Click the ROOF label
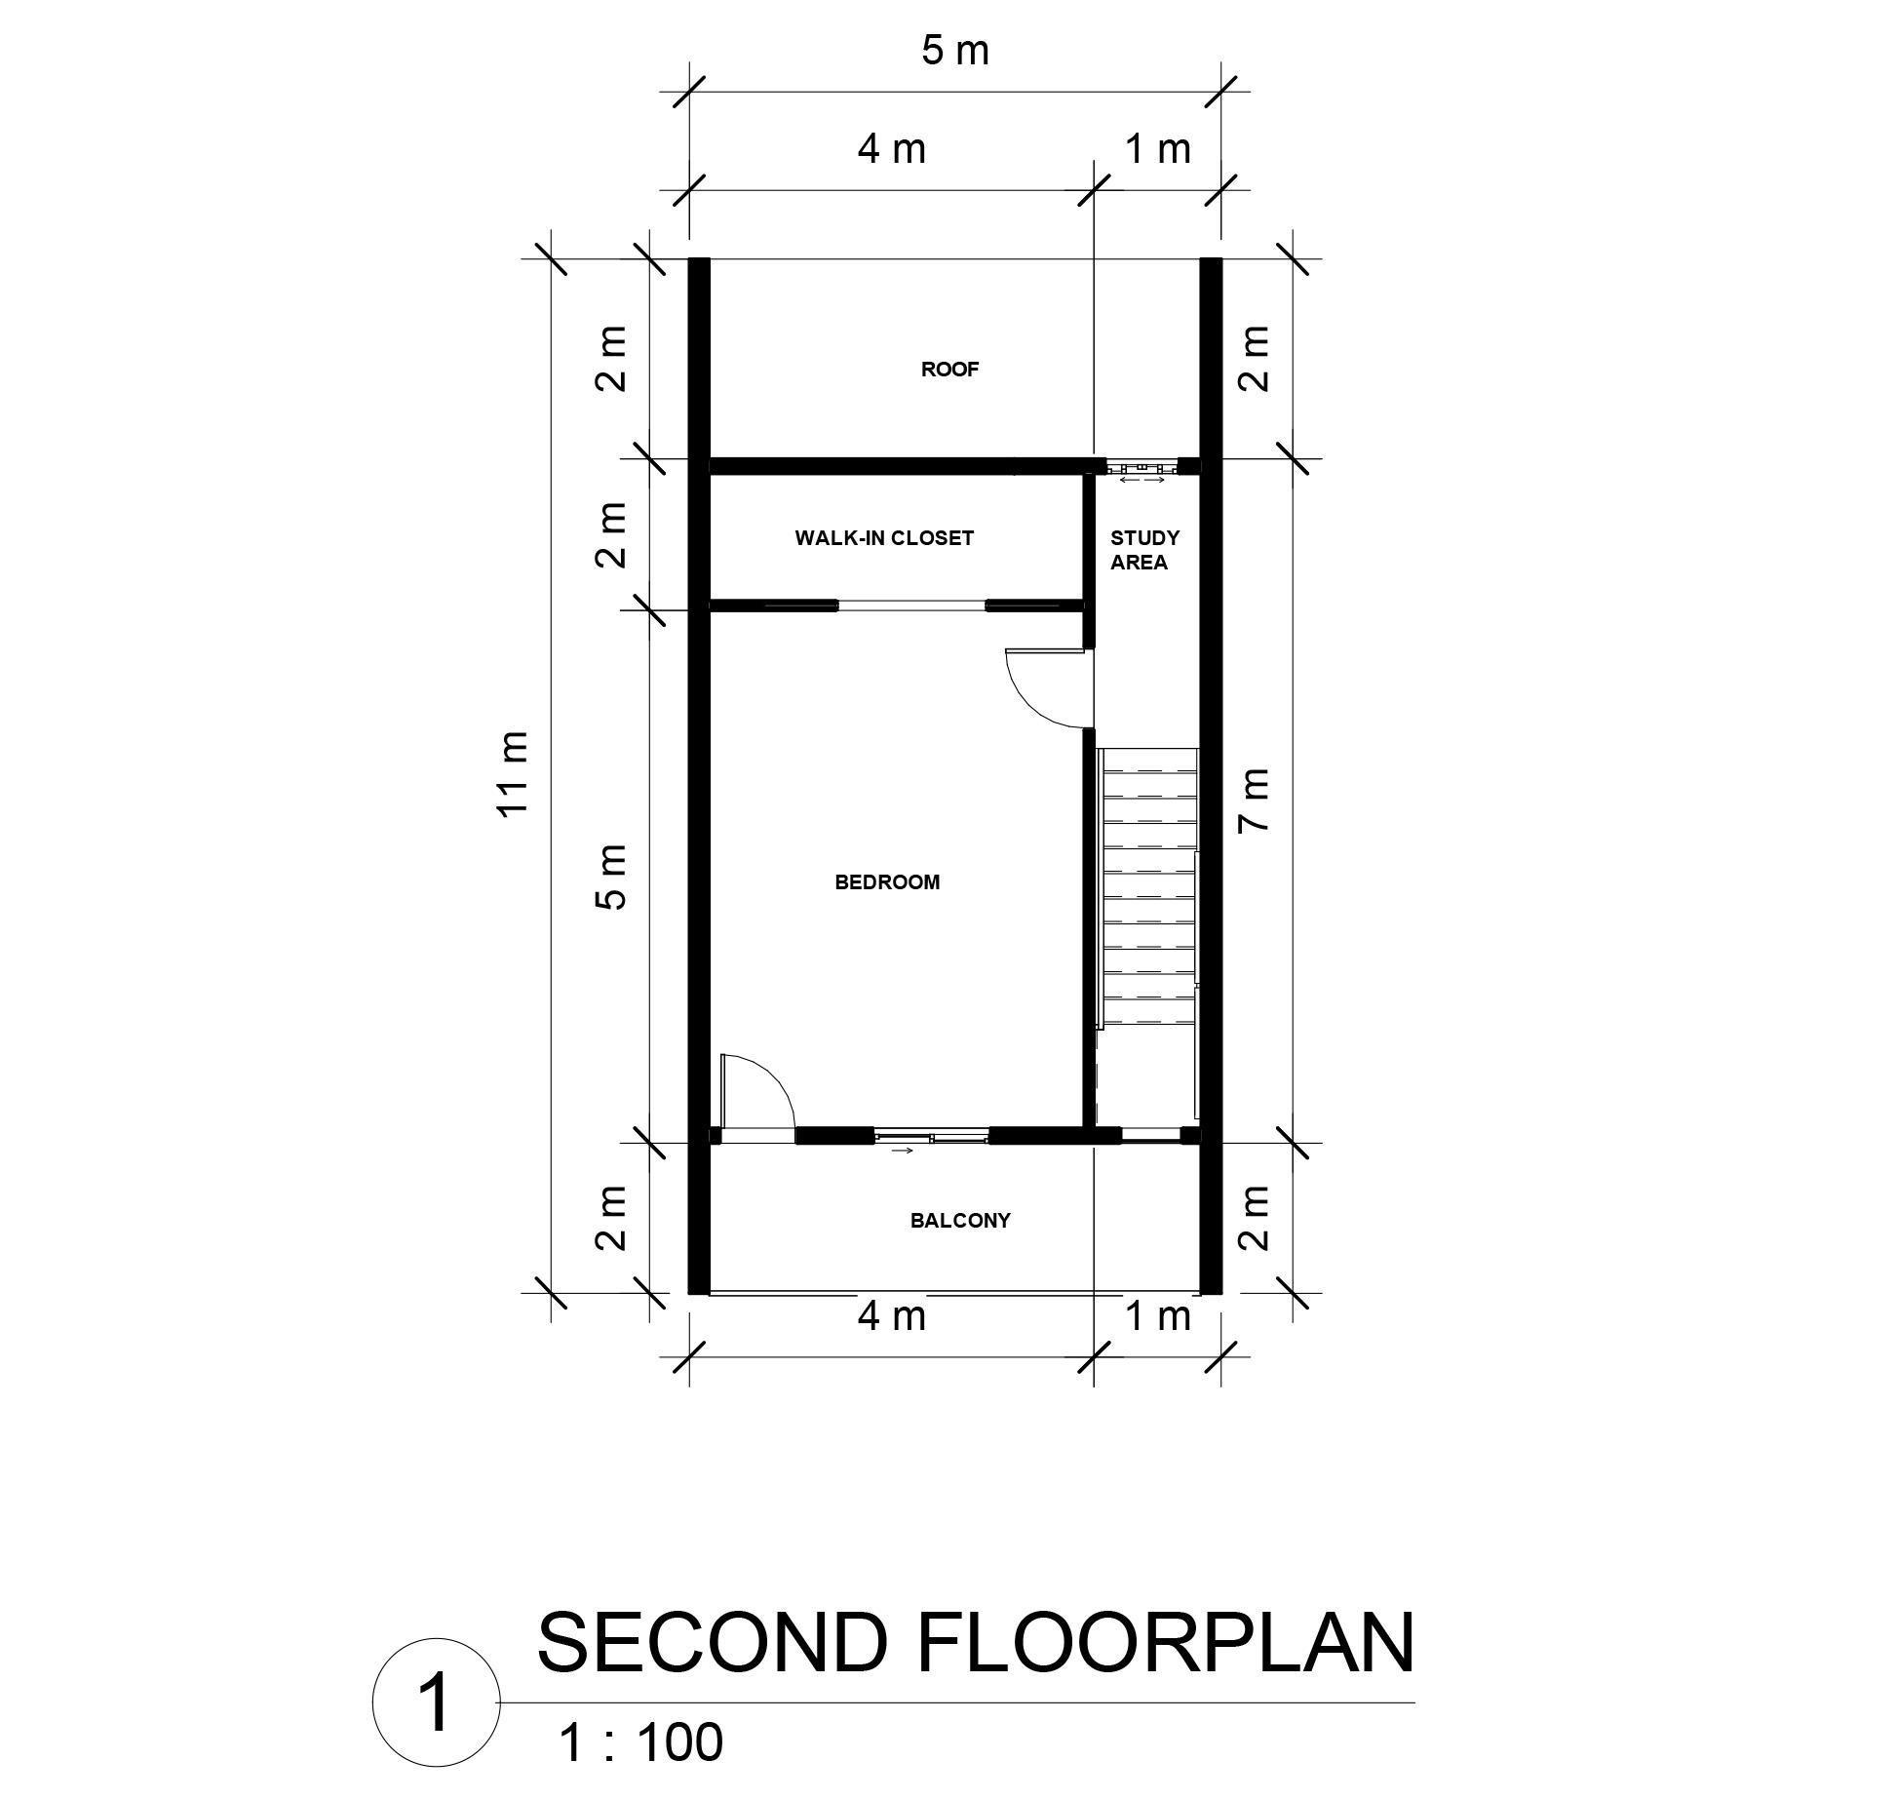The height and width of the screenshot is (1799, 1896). point(948,370)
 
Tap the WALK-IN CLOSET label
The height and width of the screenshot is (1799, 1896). point(883,538)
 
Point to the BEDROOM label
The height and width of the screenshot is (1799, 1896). point(887,882)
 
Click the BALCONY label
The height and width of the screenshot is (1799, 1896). point(959,1221)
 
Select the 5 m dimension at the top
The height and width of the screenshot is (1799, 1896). point(954,51)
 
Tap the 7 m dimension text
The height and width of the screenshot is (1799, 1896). point(1256,800)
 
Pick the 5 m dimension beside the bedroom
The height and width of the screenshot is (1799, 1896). point(611,877)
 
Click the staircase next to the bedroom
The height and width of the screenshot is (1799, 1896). point(1147,887)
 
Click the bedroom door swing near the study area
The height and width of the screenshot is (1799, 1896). point(1045,689)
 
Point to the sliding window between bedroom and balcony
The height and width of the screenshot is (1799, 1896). point(932,1136)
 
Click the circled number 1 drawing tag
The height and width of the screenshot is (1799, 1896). point(436,1702)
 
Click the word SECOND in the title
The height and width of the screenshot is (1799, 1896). point(712,1644)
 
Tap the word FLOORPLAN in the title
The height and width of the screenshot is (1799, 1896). point(1164,1644)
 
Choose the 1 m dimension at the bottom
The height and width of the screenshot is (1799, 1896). point(1157,1316)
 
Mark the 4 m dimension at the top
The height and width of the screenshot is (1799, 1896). point(891,149)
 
